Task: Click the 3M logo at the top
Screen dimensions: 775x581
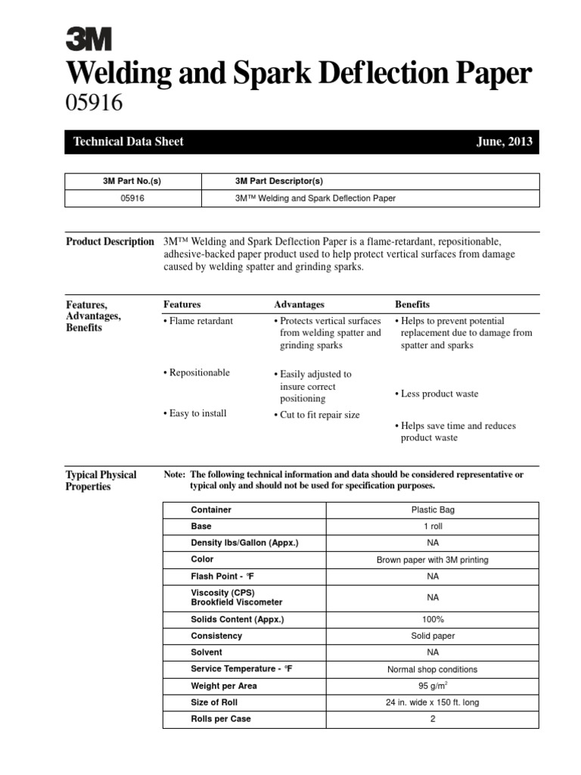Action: pos(89,39)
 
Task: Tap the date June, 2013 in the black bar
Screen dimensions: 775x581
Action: pos(505,142)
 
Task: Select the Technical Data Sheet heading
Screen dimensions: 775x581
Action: pos(128,142)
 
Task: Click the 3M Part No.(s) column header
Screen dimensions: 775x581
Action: pos(133,182)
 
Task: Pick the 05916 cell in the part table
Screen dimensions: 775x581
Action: pos(133,198)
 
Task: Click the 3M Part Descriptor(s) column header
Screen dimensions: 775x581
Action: pos(279,182)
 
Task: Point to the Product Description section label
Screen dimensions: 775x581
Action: pos(110,242)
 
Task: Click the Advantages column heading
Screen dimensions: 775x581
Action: pos(299,304)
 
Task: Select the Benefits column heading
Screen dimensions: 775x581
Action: pos(412,304)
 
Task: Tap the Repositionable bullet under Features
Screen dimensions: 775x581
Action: pos(199,373)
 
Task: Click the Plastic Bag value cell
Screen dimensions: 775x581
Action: pos(432,510)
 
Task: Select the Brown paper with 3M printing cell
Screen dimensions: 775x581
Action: pos(432,560)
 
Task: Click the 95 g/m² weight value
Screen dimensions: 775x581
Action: pos(432,686)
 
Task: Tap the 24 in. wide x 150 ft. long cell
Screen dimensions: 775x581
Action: pos(432,702)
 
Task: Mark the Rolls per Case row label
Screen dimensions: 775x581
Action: pos(220,719)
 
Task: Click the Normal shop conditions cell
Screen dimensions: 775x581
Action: pos(432,669)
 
